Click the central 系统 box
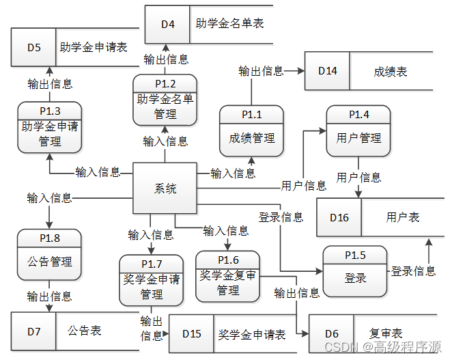[165, 189]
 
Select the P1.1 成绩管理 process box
[251, 130]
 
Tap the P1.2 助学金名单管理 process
[165, 100]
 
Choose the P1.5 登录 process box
[355, 271]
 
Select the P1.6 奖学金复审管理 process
[228, 276]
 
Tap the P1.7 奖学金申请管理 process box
[152, 280]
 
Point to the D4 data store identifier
[167, 24]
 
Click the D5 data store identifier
[33, 48]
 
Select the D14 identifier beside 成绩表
[327, 70]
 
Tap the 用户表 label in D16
[403, 217]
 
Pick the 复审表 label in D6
[386, 333]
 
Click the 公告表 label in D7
[85, 331]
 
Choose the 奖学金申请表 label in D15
[252, 334]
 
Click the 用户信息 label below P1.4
[358, 178]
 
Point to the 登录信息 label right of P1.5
[413, 271]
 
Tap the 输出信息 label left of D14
[261, 70]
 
